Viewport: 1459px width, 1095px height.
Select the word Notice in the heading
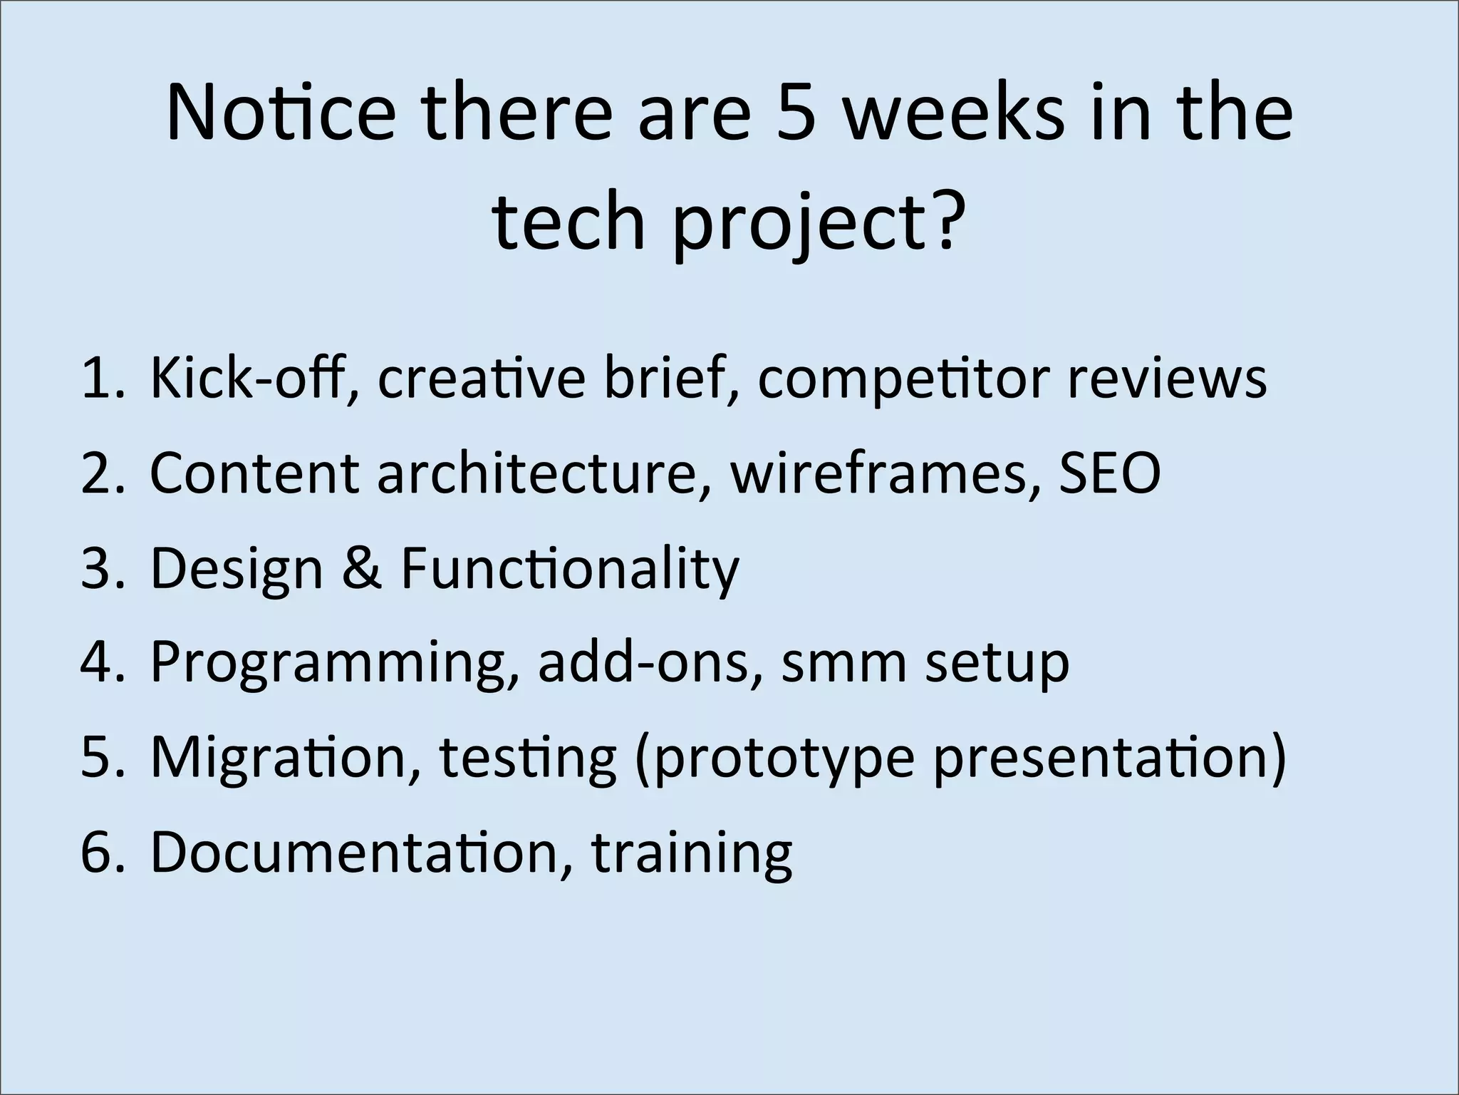click(x=281, y=113)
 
